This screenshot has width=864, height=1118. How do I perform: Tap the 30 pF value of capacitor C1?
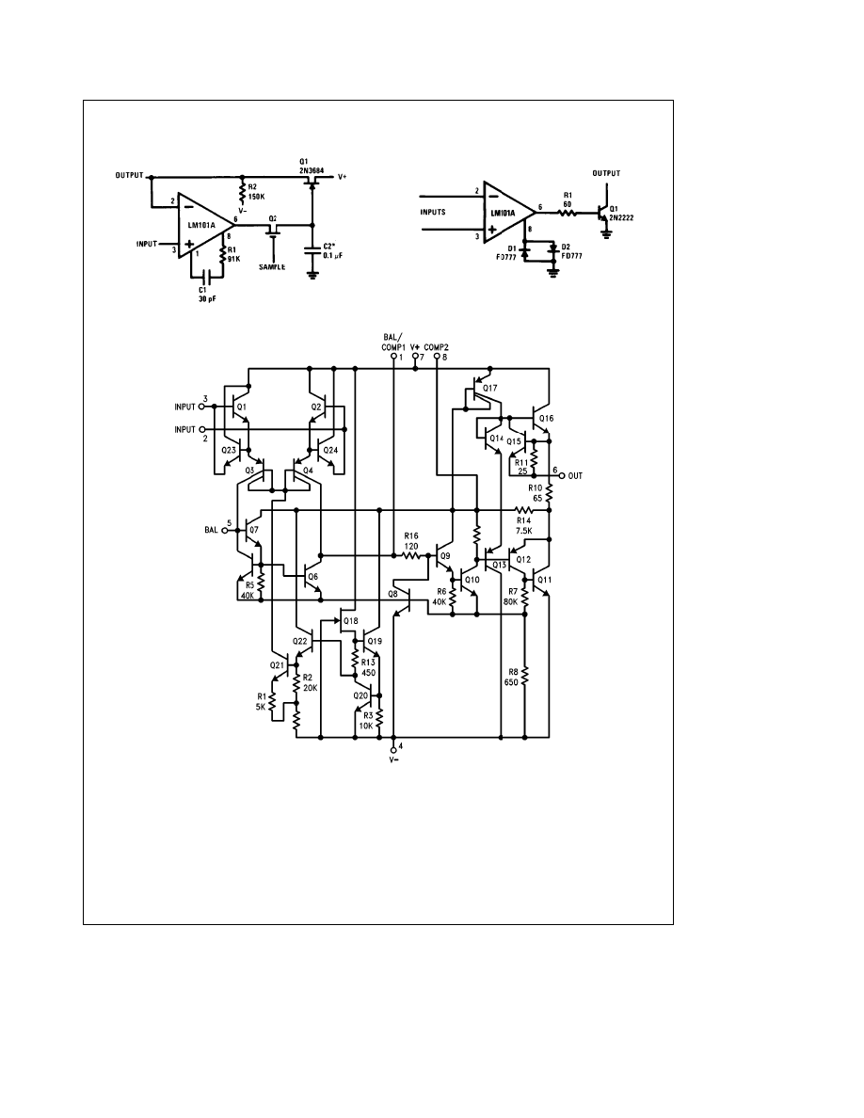(x=208, y=299)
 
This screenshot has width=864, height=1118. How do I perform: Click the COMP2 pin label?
(x=438, y=346)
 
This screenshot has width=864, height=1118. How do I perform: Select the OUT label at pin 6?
(x=575, y=476)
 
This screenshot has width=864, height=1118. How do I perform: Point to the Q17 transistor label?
(x=489, y=387)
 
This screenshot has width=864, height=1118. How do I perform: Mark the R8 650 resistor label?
(x=512, y=676)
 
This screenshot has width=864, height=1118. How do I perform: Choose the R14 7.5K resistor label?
(x=524, y=525)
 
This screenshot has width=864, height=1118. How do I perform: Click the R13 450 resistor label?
(x=368, y=667)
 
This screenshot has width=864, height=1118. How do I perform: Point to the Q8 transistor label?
(x=392, y=595)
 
